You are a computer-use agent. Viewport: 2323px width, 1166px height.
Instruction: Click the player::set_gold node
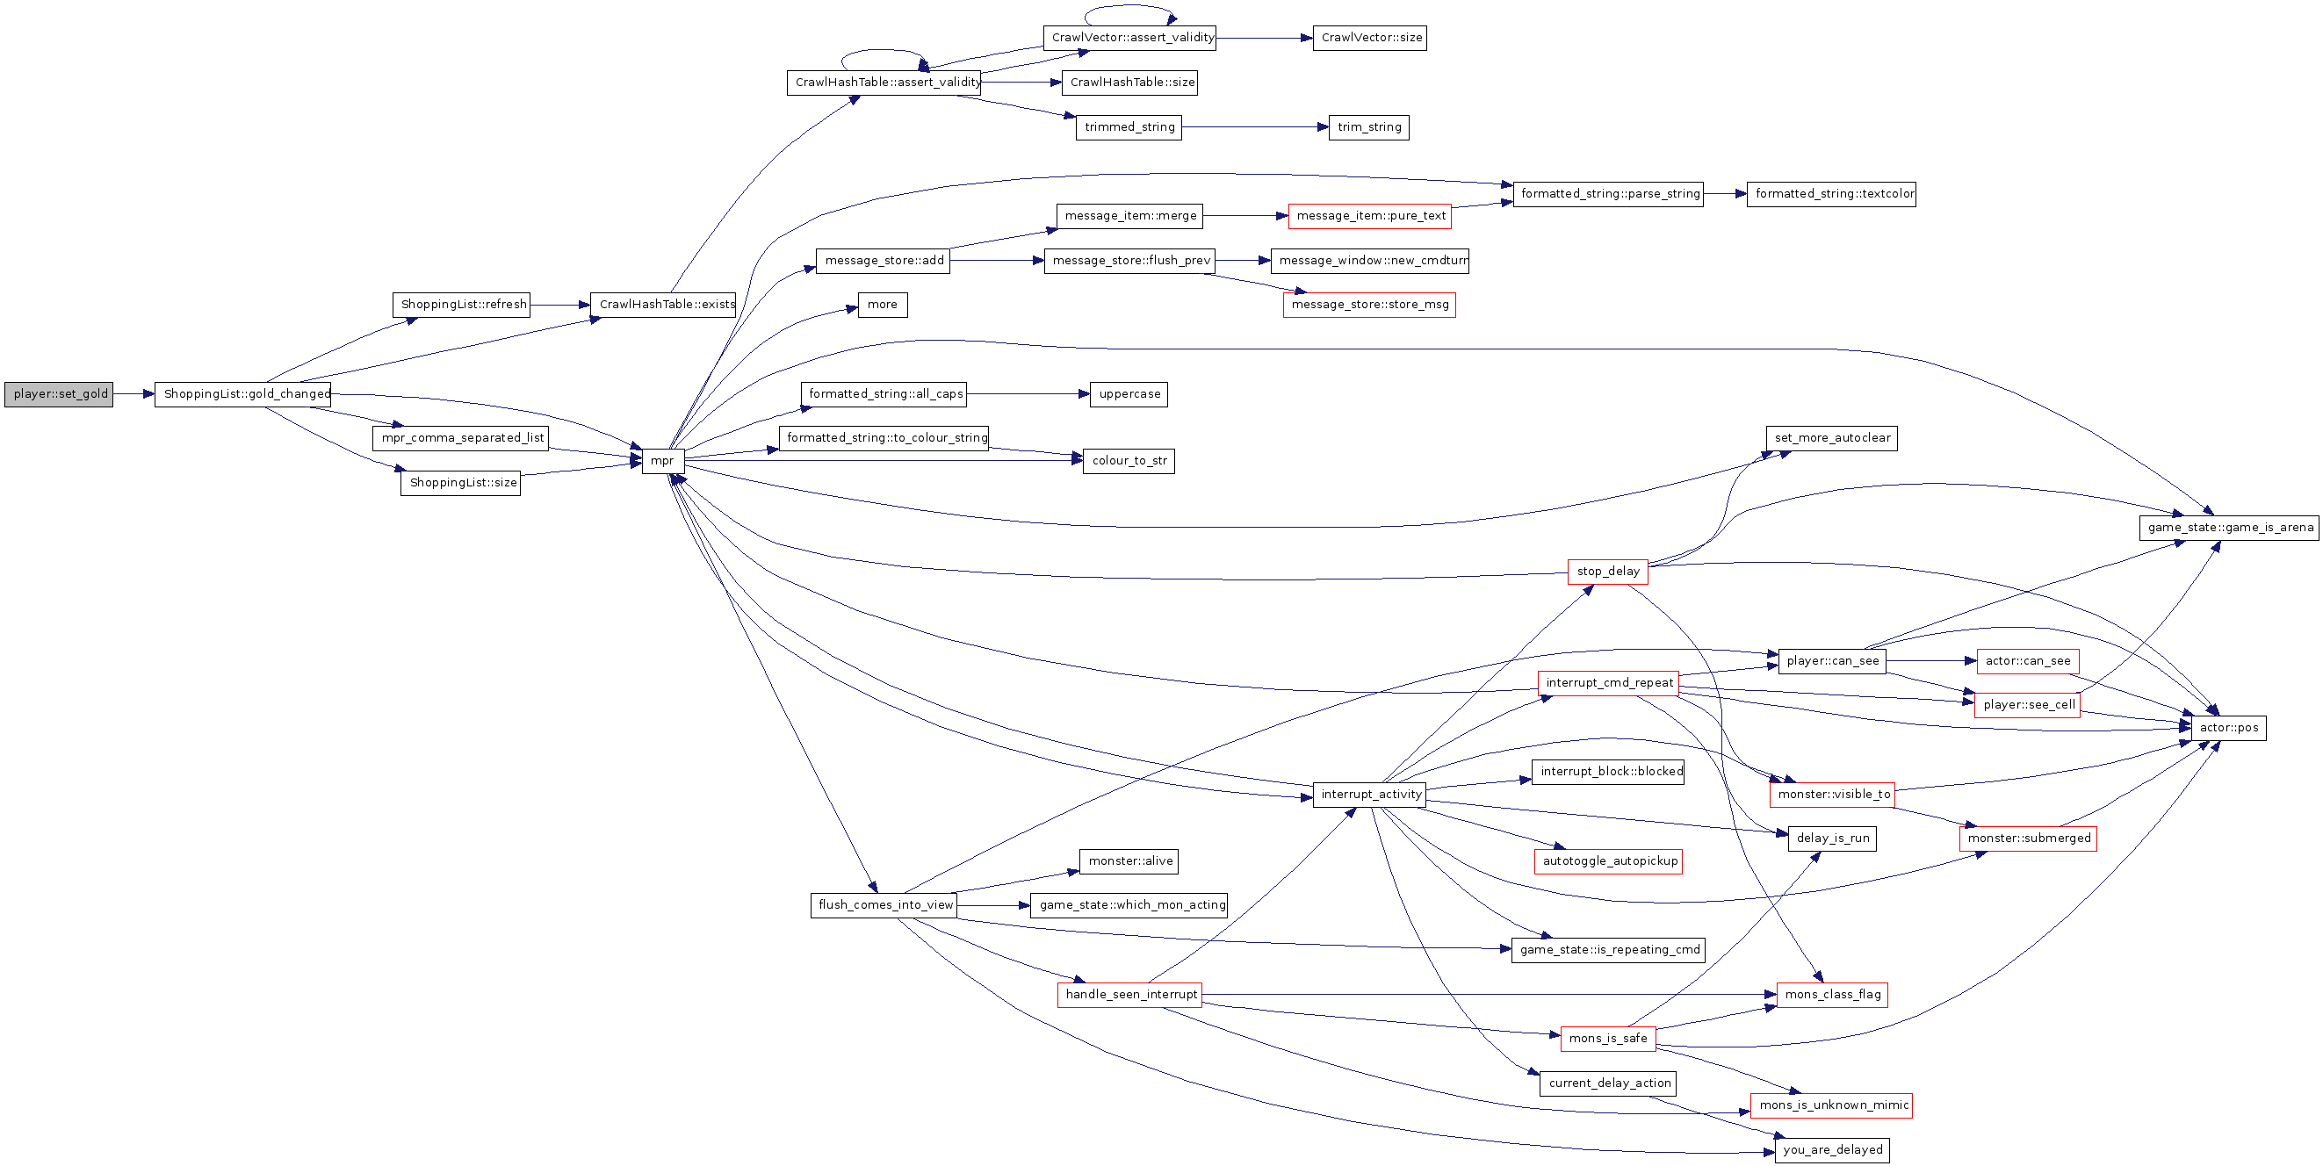click(x=59, y=394)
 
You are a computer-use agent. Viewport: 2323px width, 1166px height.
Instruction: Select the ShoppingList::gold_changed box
click(x=242, y=394)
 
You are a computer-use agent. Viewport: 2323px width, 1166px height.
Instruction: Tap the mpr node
click(x=663, y=461)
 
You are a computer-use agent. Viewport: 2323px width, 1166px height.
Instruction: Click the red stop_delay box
click(x=1608, y=572)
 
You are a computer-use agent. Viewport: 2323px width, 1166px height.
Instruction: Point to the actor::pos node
click(x=2228, y=728)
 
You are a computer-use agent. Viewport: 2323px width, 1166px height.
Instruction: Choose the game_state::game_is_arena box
click(x=2229, y=528)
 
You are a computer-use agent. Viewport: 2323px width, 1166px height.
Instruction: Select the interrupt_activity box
click(x=1370, y=795)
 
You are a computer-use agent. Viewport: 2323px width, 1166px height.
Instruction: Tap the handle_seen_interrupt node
click(x=1130, y=995)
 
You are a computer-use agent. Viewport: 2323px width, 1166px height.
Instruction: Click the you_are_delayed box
click(x=1832, y=1151)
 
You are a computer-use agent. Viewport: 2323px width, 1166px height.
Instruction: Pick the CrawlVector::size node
click(x=1370, y=38)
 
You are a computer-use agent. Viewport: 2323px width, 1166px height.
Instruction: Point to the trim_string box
click(x=1369, y=127)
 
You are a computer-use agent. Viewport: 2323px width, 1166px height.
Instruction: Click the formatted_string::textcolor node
click(x=1831, y=194)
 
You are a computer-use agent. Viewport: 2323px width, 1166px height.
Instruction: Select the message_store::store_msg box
click(x=1369, y=305)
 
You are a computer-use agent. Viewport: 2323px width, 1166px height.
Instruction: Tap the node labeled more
click(x=882, y=305)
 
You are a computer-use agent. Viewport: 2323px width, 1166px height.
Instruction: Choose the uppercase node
click(x=1129, y=394)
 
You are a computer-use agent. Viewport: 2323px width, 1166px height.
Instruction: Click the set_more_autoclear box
click(x=1831, y=438)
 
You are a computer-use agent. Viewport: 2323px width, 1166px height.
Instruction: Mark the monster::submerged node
click(x=2028, y=839)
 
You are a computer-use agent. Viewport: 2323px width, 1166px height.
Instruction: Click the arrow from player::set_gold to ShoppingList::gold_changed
click(x=134, y=394)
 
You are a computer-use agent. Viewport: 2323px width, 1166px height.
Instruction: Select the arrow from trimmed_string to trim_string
click(x=1255, y=127)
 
